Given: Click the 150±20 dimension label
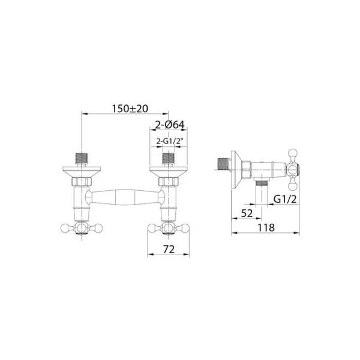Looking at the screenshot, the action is pos(130,109).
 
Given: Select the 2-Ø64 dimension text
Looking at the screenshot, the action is pos(170,125).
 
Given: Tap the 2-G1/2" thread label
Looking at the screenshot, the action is pos(168,142).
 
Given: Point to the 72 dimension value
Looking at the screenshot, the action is pos(169,250).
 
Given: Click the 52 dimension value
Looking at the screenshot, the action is pos(247,214).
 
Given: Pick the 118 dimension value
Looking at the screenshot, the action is pos(266,228).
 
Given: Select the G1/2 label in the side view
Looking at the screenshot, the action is pos(285,200).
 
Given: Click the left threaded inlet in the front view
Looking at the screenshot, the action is pos(82,158).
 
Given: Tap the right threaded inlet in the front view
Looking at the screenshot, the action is pos(169,158).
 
